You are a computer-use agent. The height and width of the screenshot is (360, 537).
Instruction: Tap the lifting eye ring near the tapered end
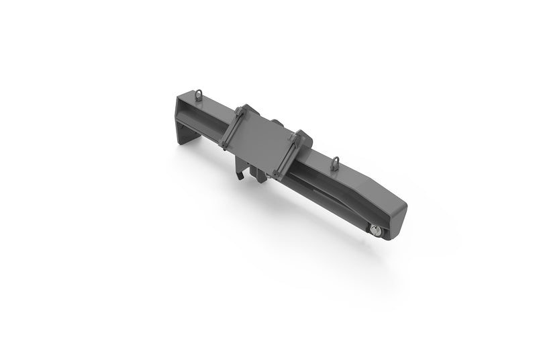click(x=336, y=162)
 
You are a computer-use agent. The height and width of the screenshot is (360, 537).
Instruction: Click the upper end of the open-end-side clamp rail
click(x=240, y=110)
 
